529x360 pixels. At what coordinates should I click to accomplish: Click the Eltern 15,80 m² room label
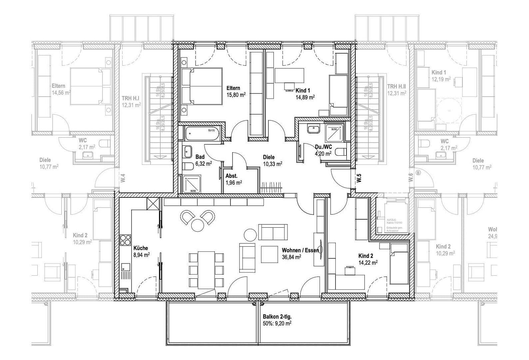click(236, 91)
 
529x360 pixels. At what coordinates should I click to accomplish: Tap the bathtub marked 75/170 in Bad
click(202, 134)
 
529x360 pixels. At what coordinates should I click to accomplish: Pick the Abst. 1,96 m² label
click(233, 179)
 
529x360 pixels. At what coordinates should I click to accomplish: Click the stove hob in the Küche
click(125, 240)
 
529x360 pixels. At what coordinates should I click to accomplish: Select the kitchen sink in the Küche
click(126, 267)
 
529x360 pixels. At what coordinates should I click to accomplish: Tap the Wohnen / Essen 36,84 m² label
click(300, 253)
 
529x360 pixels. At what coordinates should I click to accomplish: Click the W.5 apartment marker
click(359, 178)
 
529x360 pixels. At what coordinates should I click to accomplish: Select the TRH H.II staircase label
click(396, 90)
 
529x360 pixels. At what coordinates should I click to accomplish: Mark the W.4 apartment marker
click(123, 178)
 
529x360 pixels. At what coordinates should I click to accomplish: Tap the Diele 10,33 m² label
click(272, 160)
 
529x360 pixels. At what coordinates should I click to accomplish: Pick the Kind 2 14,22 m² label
click(367, 259)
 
